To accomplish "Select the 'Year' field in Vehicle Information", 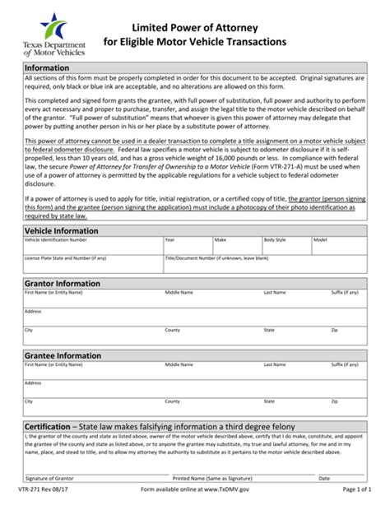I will click(187, 246).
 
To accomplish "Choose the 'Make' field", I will click(236, 246).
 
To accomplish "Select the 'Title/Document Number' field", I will click(263, 264).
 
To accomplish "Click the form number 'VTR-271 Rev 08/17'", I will click(46, 493).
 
